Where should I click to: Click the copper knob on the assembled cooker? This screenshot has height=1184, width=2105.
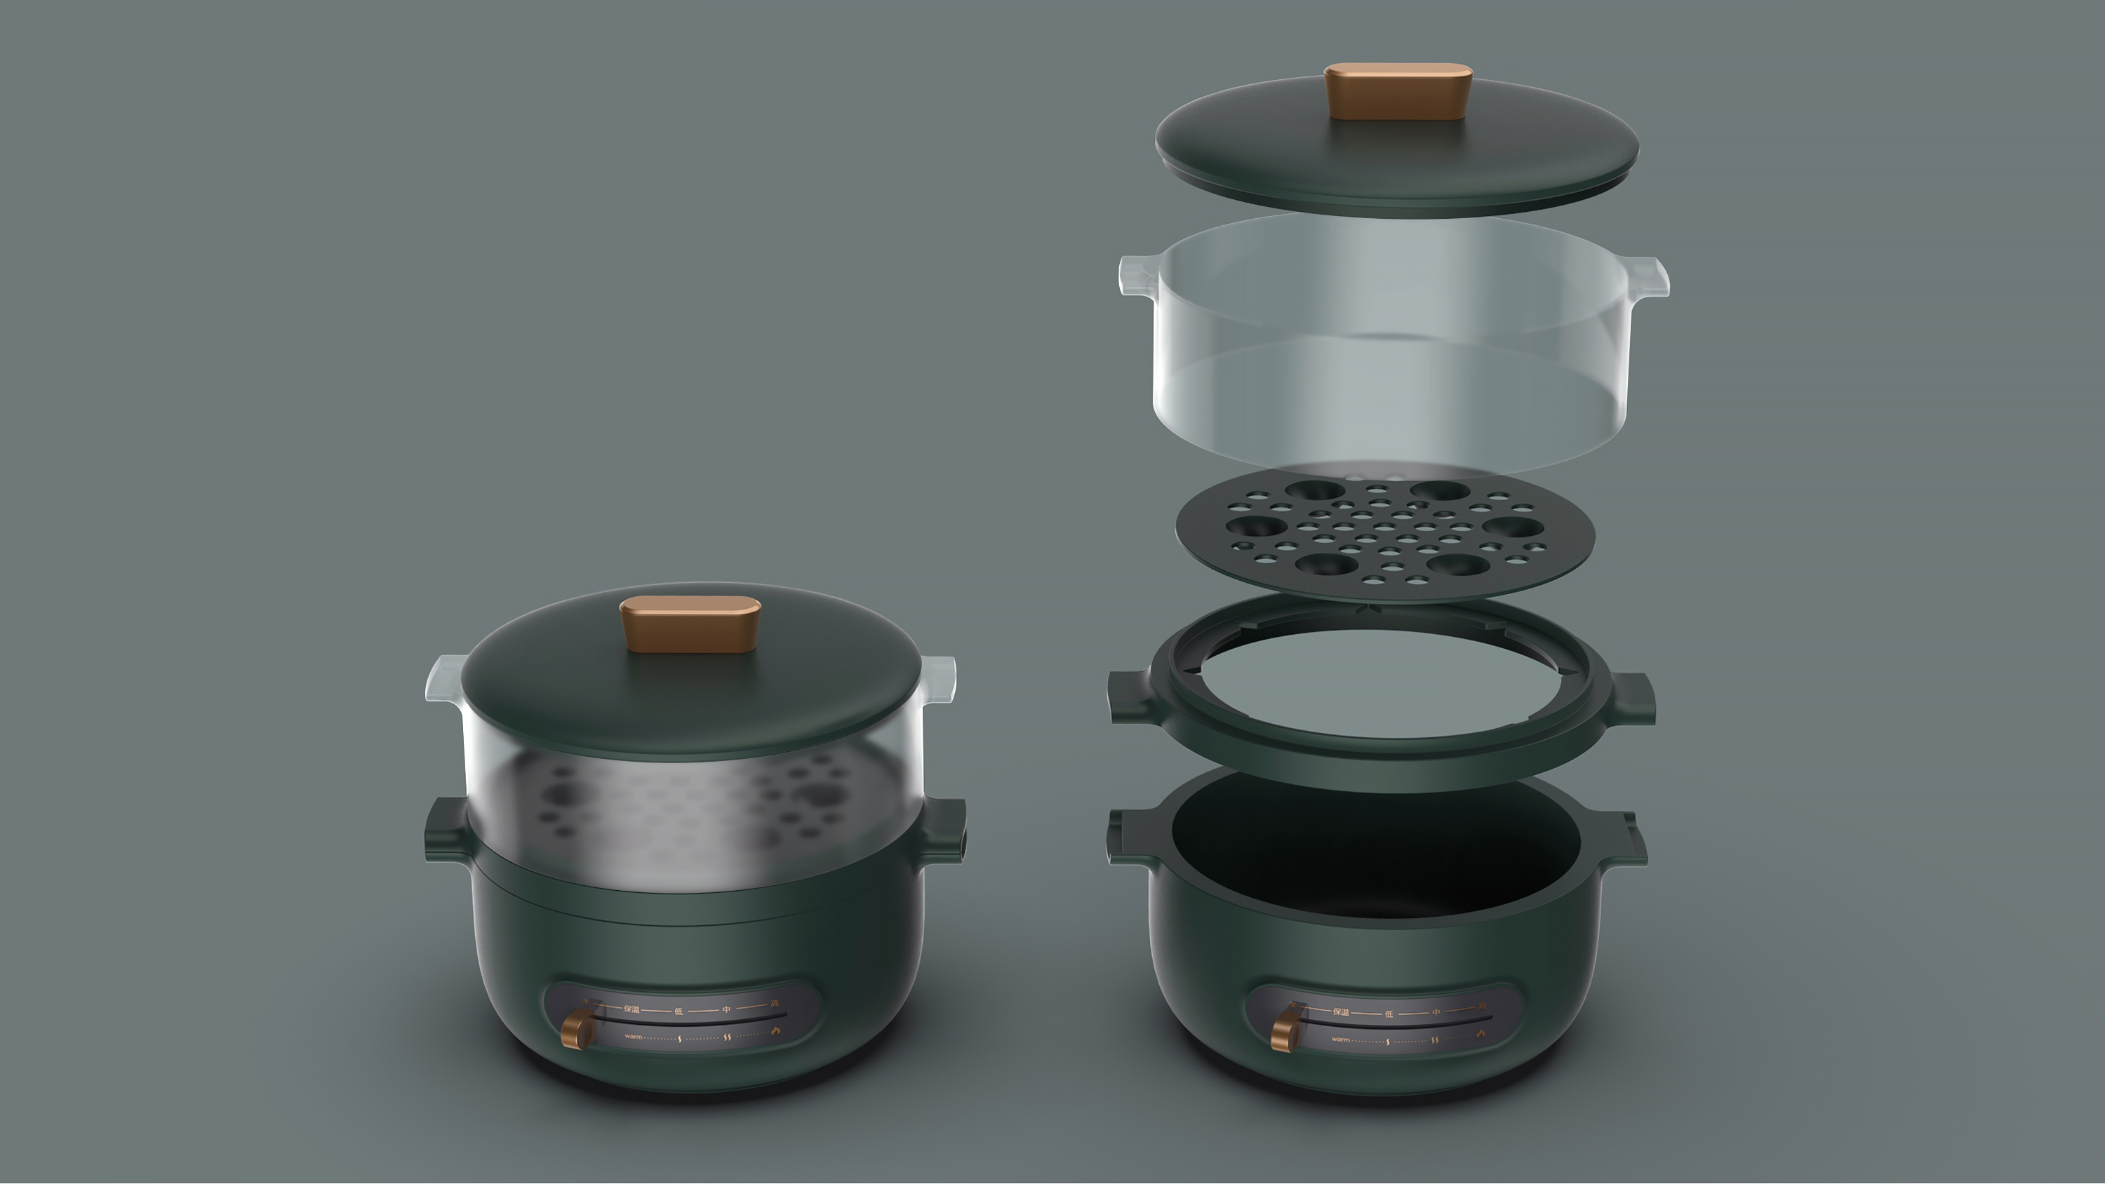click(x=579, y=1028)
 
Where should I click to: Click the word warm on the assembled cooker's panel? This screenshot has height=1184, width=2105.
click(x=634, y=1036)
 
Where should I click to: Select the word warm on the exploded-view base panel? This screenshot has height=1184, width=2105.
click(x=1340, y=1040)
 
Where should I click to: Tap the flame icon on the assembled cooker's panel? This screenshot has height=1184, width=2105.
click(x=775, y=1031)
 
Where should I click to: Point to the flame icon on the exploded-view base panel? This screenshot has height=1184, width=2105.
click(x=1481, y=1034)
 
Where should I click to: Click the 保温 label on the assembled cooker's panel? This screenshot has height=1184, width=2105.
click(x=631, y=1009)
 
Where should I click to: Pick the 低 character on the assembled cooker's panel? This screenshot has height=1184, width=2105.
click(x=679, y=1011)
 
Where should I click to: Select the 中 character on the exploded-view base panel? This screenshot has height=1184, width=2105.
click(x=1436, y=1012)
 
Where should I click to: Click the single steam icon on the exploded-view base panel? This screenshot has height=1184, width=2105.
click(x=1387, y=1042)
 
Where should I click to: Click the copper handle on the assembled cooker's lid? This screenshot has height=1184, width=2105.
click(x=690, y=623)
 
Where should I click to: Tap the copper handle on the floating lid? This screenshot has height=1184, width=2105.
click(x=1398, y=90)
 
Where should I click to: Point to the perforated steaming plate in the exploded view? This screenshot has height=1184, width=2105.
click(x=1385, y=535)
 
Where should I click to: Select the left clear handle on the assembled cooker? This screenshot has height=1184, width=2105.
click(x=445, y=678)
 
